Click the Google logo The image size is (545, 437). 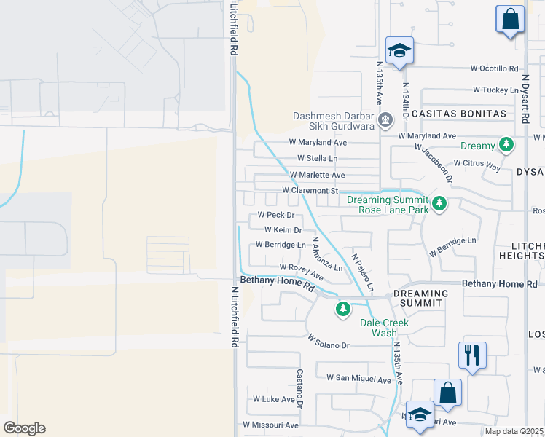point(24,428)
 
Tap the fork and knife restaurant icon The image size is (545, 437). point(472,355)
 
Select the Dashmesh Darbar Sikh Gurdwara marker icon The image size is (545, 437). point(386,119)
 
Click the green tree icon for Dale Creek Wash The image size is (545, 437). point(343,310)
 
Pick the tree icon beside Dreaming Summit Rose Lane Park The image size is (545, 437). point(439,204)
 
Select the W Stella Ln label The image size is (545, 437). point(318,158)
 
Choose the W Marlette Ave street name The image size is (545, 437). point(317,175)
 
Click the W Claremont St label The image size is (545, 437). point(310,191)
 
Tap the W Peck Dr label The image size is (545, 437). point(276,216)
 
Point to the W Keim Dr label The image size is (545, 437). point(283,230)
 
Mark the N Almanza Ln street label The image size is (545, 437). point(322,255)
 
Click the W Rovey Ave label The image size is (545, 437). point(301,271)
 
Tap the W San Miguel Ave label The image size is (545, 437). point(359,379)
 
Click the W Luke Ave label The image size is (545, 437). point(273,399)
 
